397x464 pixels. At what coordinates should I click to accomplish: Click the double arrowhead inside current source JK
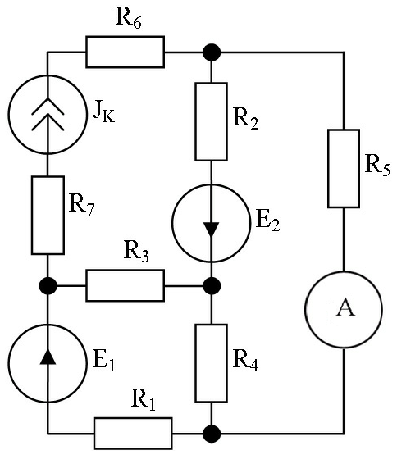pyautogui.click(x=48, y=115)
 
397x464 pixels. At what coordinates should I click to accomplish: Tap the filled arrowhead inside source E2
pyautogui.click(x=211, y=229)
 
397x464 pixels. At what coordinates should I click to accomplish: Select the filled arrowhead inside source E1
pyautogui.click(x=48, y=357)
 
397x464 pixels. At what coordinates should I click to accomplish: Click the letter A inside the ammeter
pyautogui.click(x=345, y=307)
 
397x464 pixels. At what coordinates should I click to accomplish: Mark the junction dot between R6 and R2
pyautogui.click(x=212, y=52)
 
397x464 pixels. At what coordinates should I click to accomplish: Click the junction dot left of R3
pyautogui.click(x=48, y=286)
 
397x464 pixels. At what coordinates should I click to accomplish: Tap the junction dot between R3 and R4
pyautogui.click(x=212, y=286)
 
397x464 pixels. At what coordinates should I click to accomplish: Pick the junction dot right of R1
pyautogui.click(x=212, y=434)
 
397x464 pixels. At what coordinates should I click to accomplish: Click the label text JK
pyautogui.click(x=103, y=112)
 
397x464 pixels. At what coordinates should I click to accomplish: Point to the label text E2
pyautogui.click(x=267, y=221)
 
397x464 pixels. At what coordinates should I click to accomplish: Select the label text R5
pyautogui.click(x=377, y=166)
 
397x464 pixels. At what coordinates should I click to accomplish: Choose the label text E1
pyautogui.click(x=103, y=362)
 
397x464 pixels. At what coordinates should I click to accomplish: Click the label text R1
pyautogui.click(x=144, y=400)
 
